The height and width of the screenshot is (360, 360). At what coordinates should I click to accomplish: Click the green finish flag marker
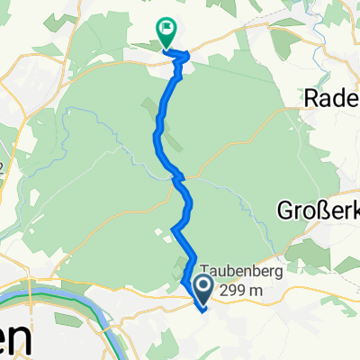166,32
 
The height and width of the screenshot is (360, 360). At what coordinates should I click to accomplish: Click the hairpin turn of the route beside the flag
187,58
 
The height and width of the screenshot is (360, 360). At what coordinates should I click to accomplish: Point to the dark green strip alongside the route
148,112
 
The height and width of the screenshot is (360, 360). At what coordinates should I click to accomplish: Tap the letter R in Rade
314,96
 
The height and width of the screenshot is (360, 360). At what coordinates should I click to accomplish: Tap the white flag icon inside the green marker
166,29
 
